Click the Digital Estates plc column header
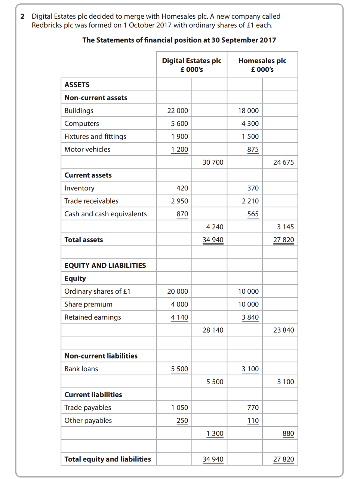191,65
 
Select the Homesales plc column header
262,65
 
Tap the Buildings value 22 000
178,111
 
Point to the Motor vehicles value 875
253,149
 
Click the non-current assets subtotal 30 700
213,162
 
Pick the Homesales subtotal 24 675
283,162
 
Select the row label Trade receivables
91,201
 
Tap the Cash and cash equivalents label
105,214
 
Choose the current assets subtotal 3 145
285,227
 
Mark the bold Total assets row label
83,240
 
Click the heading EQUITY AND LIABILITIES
105,266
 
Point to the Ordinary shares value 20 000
178,292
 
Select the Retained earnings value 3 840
250,317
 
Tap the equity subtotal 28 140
213,330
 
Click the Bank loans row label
81,369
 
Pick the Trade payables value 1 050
179,408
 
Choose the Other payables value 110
253,421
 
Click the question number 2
22,16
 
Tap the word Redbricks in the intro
46,25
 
